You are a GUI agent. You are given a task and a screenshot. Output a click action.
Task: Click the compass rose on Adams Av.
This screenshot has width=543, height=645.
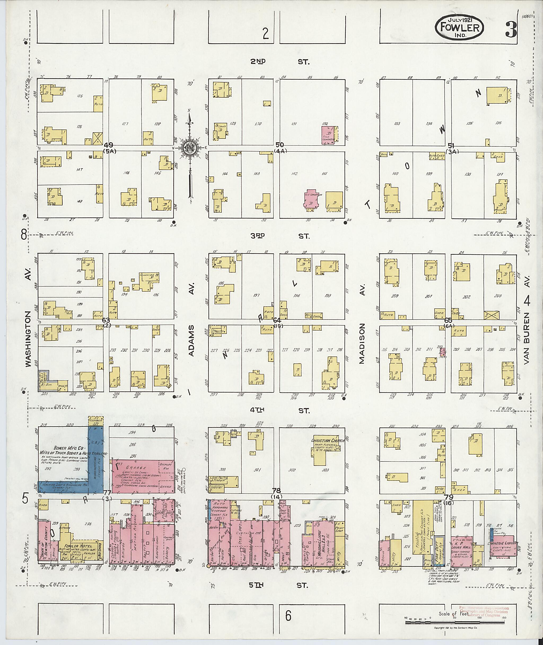(x=190, y=148)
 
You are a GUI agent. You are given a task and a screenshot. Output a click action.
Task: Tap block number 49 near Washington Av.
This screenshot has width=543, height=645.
(x=108, y=145)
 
